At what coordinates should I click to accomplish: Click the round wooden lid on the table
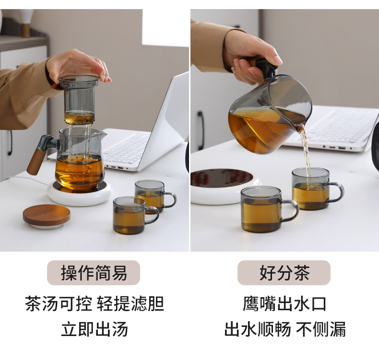46,215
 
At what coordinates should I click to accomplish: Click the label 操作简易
94,273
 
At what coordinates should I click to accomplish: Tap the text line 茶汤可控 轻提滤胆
95,304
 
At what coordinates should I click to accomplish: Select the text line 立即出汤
95,329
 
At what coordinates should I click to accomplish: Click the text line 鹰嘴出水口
284,304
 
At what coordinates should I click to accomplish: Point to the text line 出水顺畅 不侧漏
284,329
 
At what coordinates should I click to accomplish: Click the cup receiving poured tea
312,189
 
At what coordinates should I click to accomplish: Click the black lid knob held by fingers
265,66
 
